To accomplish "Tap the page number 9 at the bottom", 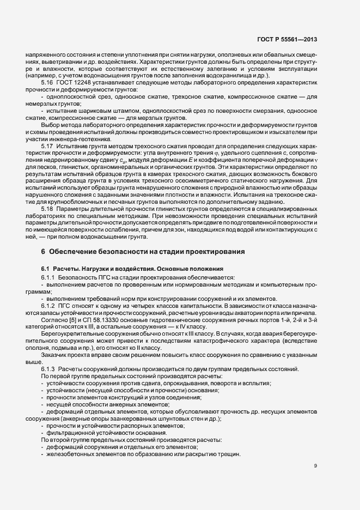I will [x=316, y=465].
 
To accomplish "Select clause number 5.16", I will [x=47, y=82].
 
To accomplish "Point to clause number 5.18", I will [x=47, y=209].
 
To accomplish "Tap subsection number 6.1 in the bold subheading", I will [x=45, y=269].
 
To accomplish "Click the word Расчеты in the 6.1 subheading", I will [x=68, y=269].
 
